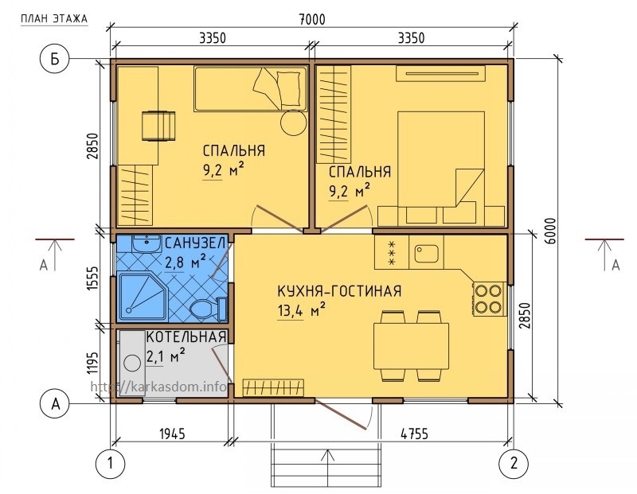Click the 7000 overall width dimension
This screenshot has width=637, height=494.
[x=312, y=19]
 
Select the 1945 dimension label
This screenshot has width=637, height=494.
[x=172, y=434]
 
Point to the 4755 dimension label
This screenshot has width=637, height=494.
[x=414, y=434]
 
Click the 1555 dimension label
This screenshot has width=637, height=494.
[x=93, y=278]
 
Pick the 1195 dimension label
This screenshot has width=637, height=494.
[x=93, y=363]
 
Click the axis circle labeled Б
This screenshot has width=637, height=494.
[x=54, y=59]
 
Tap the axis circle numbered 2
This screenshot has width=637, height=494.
[x=514, y=463]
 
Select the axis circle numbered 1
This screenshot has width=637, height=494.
[x=110, y=463]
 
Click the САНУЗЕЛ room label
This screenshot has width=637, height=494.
[x=195, y=243]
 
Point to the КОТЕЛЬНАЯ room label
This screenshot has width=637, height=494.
[x=186, y=337]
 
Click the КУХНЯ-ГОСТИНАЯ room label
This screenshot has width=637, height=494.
[x=339, y=291]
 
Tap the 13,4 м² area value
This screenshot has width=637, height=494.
[x=302, y=310]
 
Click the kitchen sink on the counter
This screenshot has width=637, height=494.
[x=426, y=254]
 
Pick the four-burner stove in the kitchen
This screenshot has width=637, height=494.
[x=489, y=299]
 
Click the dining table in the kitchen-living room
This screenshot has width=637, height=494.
[x=411, y=346]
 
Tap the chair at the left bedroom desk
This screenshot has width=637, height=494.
[x=158, y=126]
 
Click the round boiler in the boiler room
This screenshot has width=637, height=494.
[x=132, y=363]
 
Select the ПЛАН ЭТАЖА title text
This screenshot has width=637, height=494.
[x=54, y=18]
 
